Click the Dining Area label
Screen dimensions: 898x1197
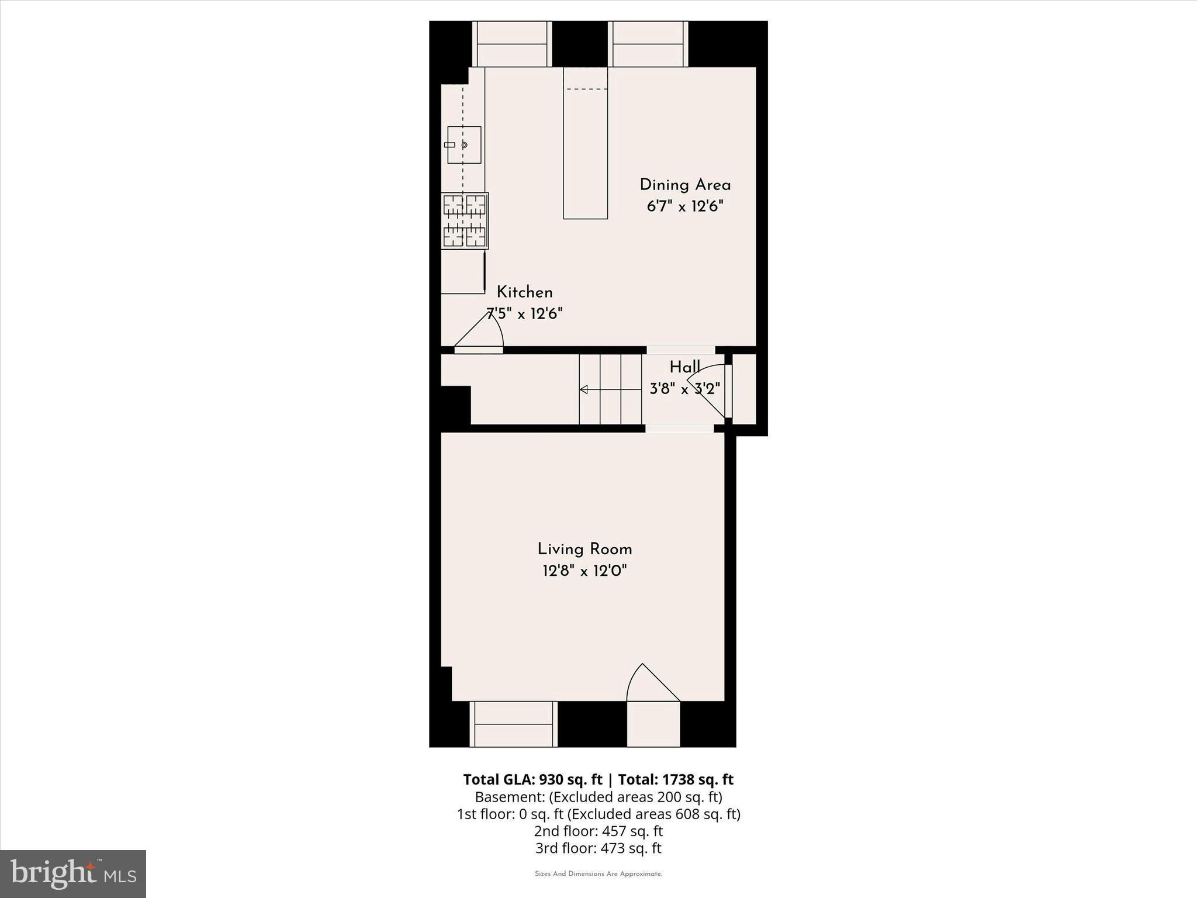(685, 185)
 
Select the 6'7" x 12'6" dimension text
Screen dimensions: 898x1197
(685, 206)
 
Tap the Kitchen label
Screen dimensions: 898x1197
(524, 292)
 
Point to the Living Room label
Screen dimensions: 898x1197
(584, 550)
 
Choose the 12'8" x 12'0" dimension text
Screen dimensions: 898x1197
(584, 571)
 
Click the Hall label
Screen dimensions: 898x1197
(684, 368)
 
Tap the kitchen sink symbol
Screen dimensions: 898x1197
(464, 145)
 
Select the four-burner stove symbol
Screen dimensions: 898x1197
(465, 221)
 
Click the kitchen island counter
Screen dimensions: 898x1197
(585, 143)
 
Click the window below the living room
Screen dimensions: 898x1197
(513, 724)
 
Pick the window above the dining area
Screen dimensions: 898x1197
(648, 44)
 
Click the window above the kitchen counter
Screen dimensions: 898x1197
(512, 44)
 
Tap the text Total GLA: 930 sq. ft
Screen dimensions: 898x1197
(532, 779)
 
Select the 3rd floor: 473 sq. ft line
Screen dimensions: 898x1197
(598, 848)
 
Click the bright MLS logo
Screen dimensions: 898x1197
(73, 873)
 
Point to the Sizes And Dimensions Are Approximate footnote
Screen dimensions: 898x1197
(598, 874)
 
